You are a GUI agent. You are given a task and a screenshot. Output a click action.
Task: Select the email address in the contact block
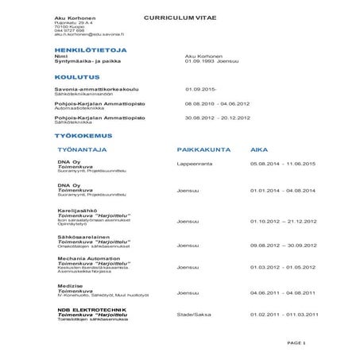89,35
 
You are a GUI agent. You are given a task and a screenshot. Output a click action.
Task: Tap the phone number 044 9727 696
69,31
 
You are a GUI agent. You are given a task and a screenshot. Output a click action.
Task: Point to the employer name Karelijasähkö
77,211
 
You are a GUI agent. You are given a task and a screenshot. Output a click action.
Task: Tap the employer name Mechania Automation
89,258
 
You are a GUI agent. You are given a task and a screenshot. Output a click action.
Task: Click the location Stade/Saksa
193,314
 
